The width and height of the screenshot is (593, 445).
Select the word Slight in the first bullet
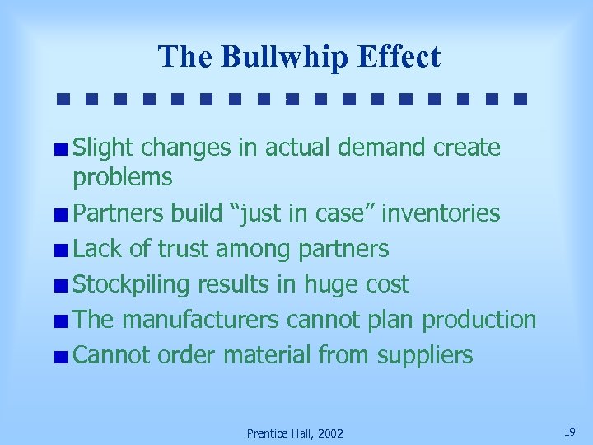(x=104, y=148)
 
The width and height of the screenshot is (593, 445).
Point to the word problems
(x=123, y=177)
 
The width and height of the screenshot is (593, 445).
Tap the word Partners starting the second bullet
(x=119, y=213)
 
